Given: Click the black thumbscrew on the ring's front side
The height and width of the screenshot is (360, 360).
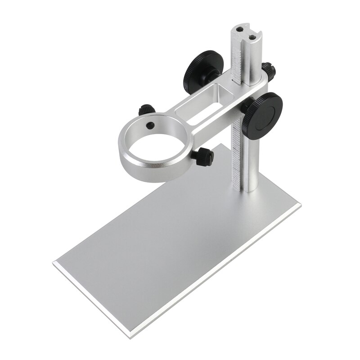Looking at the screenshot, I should [205, 156].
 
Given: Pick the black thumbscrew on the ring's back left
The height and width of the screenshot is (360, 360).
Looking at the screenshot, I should [147, 109].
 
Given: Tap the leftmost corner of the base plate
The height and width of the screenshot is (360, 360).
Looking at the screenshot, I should [54, 262].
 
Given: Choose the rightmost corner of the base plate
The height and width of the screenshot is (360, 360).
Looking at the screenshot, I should [300, 207].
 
